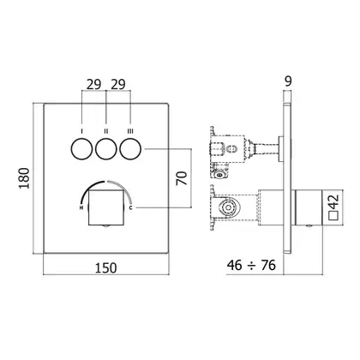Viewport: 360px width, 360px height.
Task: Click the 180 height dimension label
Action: point(24,178)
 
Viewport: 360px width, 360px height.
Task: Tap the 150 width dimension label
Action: point(105,268)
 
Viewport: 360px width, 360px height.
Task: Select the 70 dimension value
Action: point(182,178)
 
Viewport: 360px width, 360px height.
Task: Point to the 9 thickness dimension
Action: point(288,81)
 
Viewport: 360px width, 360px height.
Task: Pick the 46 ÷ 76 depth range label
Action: point(251,265)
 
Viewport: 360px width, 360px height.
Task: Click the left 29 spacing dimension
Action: point(94,85)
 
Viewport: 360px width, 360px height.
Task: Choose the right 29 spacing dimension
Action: point(118,85)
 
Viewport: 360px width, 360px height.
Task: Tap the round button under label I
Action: point(81,149)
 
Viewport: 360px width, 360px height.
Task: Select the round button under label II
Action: point(106,149)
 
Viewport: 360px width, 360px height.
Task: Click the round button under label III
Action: point(130,149)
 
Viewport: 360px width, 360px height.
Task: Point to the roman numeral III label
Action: point(130,131)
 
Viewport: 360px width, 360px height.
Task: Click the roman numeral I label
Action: point(82,131)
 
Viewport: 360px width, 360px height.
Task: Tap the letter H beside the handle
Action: point(81,208)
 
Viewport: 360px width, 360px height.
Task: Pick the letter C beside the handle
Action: point(130,207)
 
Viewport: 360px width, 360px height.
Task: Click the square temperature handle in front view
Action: point(106,207)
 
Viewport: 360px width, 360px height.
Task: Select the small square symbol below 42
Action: point(333,216)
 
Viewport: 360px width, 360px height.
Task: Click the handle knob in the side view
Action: point(309,207)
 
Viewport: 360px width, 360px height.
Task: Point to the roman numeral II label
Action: point(106,131)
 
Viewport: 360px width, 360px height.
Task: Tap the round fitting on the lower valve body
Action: point(227,207)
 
